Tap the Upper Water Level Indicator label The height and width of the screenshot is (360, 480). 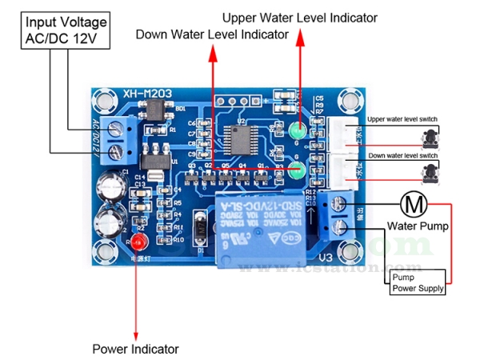click(x=299, y=17)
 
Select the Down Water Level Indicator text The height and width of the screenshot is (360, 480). click(x=211, y=34)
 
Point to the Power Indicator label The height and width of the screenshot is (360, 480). click(x=135, y=349)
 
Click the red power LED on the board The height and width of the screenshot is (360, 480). click(x=138, y=241)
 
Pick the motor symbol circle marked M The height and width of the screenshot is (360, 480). click(x=414, y=204)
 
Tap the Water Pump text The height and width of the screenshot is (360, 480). click(x=418, y=226)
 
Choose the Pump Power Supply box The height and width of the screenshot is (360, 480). click(x=416, y=282)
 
